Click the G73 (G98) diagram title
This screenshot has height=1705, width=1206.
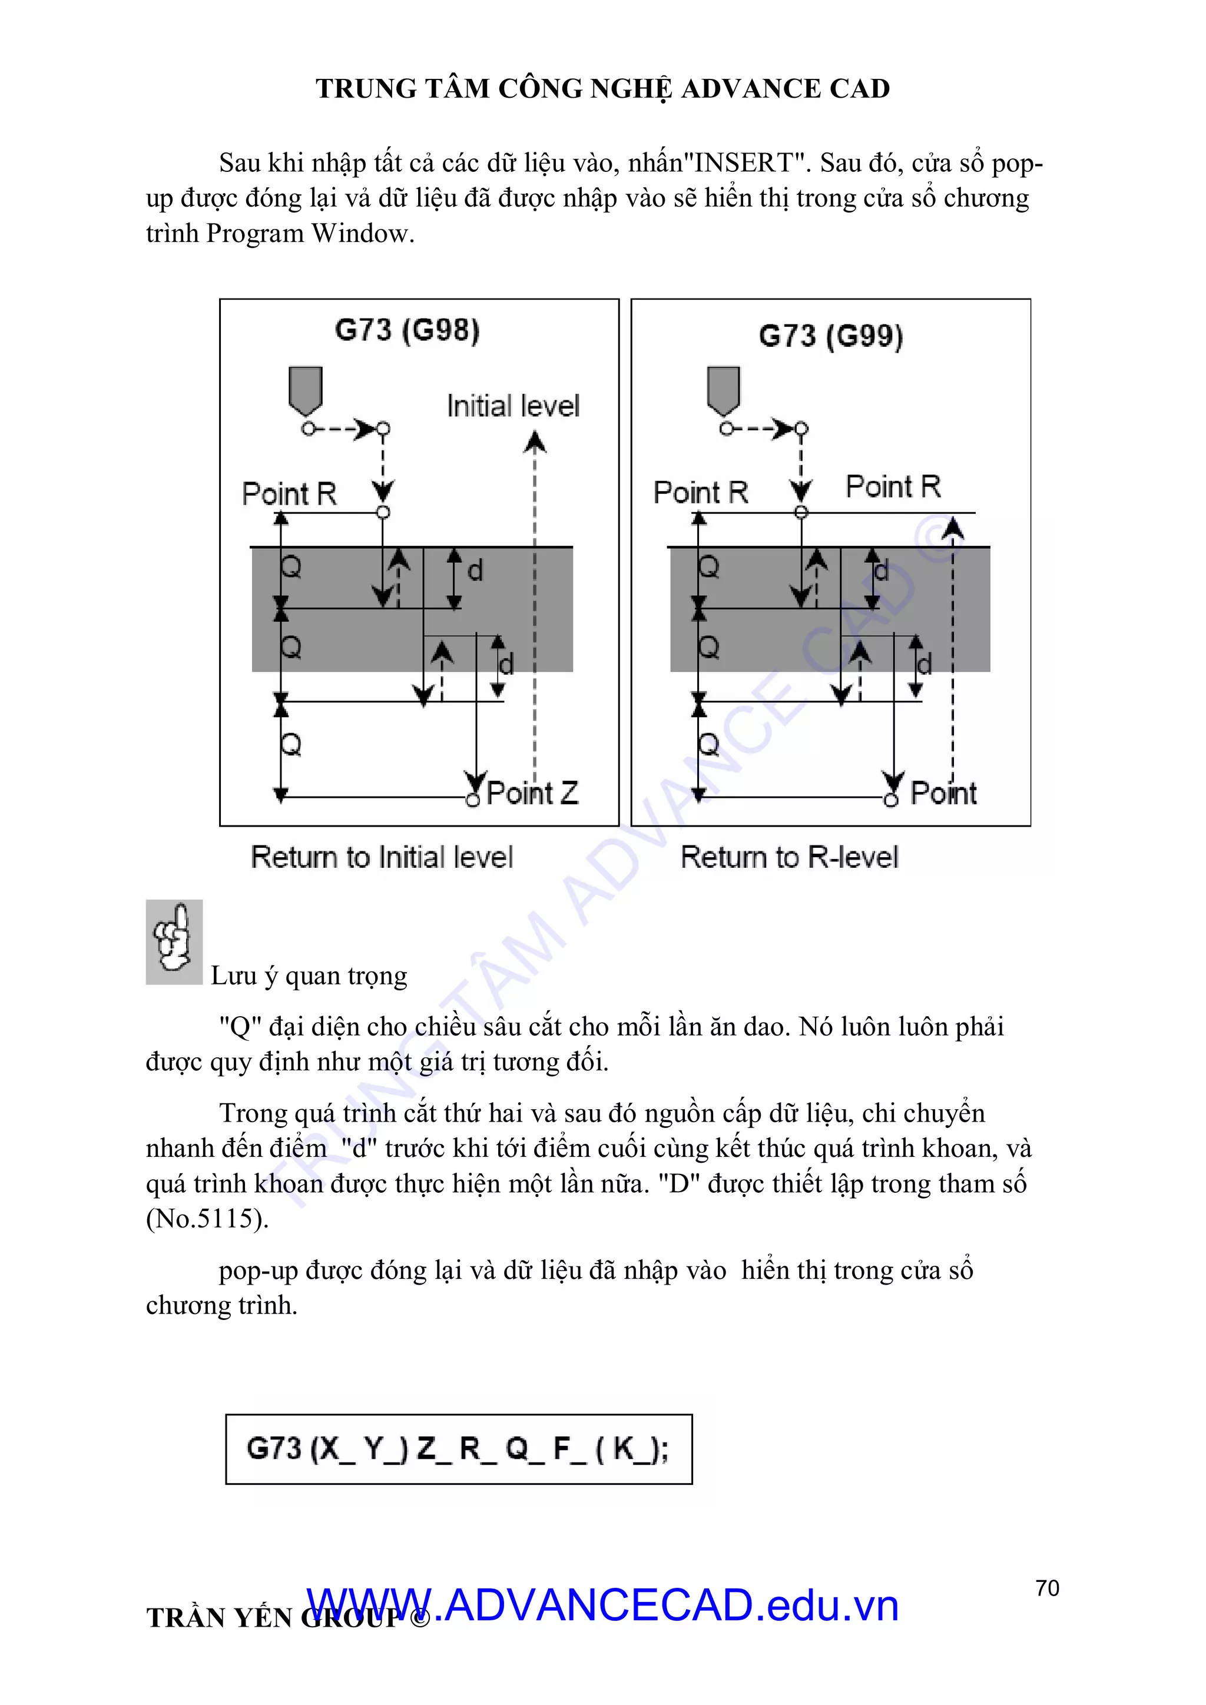pos(407,330)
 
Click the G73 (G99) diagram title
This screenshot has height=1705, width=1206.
pos(830,336)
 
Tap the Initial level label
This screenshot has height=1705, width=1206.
pos(512,406)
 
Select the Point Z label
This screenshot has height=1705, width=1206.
pos(532,793)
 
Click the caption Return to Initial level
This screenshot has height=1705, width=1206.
pos(382,857)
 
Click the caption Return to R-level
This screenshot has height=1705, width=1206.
pos(790,857)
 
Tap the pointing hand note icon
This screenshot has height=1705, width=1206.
pos(174,941)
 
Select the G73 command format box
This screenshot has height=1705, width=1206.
pos(458,1449)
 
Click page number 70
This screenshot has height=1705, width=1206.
pos(1047,1588)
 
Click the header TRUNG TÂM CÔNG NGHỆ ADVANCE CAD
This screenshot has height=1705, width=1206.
pos(602,88)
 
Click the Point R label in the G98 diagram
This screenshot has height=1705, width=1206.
pos(289,494)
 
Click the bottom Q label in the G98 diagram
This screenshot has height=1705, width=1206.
pos(291,744)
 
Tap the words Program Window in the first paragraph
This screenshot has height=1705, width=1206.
pos(307,234)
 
